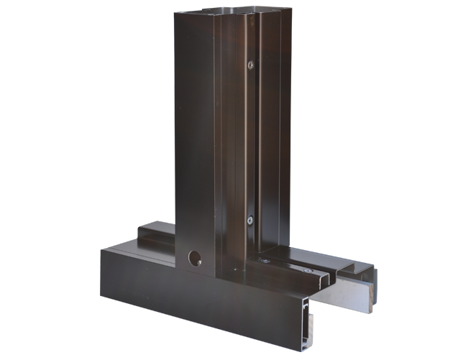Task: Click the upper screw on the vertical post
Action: [250, 65]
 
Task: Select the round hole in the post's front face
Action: [195, 257]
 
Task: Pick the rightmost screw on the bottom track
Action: [308, 271]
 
